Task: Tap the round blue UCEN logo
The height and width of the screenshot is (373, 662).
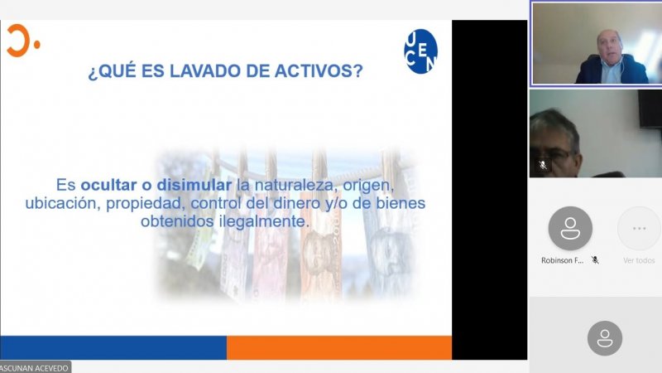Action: tap(420, 51)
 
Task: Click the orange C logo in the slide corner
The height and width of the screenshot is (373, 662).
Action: tap(20, 41)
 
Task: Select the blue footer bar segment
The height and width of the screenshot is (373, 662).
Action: tap(113, 347)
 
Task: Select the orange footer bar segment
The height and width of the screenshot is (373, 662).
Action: tap(339, 347)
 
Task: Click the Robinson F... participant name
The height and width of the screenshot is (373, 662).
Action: tap(563, 260)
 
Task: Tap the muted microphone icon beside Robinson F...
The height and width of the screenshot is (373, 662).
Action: tap(595, 260)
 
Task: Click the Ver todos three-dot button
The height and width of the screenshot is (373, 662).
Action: tap(639, 228)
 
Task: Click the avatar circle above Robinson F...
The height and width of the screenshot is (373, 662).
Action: tap(570, 228)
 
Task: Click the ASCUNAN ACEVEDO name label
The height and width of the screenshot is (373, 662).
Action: tap(35, 367)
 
